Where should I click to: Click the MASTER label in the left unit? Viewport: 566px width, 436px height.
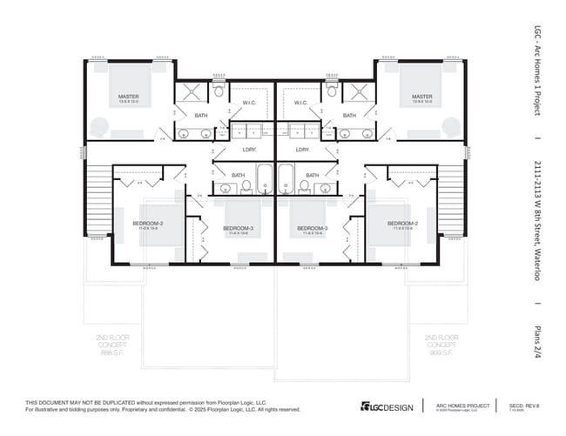pos(129,97)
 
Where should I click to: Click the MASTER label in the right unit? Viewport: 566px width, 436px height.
pos(422,97)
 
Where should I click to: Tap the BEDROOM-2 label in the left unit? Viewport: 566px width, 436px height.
pos(147,224)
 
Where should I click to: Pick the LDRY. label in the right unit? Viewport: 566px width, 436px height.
pos(303,150)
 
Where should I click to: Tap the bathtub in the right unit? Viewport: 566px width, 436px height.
pos(286,180)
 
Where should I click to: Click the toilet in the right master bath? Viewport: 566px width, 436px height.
pos(332,90)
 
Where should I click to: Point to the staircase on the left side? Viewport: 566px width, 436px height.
pos(99,201)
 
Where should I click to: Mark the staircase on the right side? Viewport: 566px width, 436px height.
pos(451,201)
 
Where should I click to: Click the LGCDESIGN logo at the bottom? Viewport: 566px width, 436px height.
pos(387,406)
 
